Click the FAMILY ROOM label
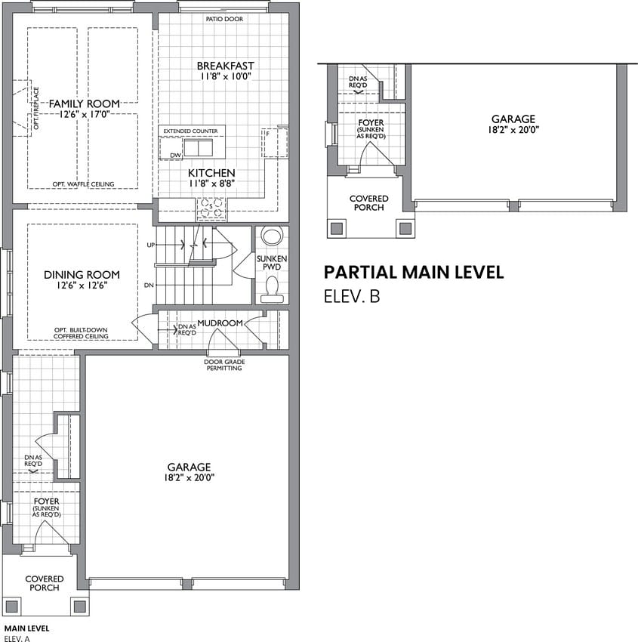[85, 103]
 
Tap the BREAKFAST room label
[226, 66]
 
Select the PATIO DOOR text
[224, 19]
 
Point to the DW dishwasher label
[176, 156]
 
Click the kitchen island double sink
[198, 148]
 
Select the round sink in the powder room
[272, 236]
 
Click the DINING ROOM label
[82, 275]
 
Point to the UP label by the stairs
[151, 245]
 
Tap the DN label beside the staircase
[149, 285]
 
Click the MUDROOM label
[220, 323]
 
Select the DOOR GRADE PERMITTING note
[225, 365]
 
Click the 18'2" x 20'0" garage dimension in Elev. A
[190, 477]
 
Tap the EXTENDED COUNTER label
[191, 131]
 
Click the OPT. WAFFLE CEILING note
[83, 184]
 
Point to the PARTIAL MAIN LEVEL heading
[414, 272]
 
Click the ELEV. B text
[352, 296]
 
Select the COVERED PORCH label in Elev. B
[368, 203]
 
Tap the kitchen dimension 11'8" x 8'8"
[212, 184]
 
